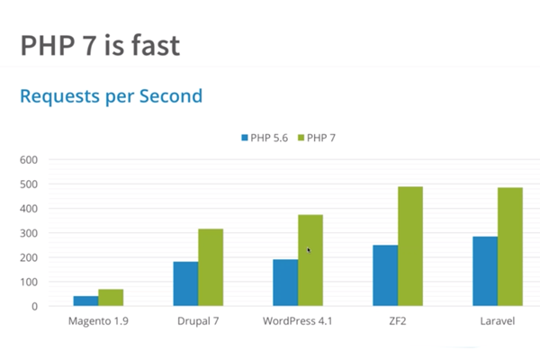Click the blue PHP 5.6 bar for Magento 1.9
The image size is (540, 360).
coord(85,301)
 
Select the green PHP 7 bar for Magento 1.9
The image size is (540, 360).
coord(111,297)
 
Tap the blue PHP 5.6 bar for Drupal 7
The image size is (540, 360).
coord(185,283)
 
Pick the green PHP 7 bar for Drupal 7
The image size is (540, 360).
coord(211,267)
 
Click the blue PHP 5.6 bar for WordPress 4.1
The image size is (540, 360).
coord(285,283)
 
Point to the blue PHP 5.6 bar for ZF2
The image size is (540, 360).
coord(385,275)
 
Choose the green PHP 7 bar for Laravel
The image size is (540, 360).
coord(509,247)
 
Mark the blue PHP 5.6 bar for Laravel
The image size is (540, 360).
coord(485,271)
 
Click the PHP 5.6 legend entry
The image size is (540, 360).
coord(264,138)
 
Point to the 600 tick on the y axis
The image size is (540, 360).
coord(29,160)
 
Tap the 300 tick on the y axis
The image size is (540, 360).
coord(29,233)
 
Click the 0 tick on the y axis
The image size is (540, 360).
coord(34,306)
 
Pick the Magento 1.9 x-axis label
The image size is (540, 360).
coord(98,320)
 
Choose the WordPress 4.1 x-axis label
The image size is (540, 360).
coord(298,320)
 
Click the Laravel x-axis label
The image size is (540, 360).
coord(498,320)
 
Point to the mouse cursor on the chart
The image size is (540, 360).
coord(309,251)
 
